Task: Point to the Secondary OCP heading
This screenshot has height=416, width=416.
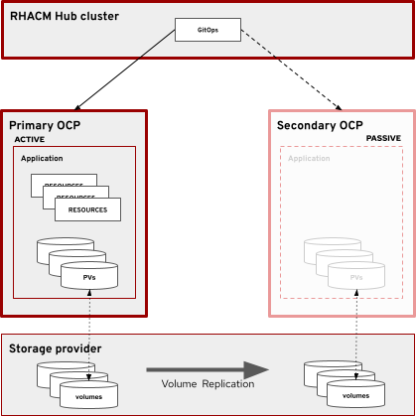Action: pyautogui.click(x=320, y=125)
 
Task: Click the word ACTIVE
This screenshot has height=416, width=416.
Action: pyautogui.click(x=30, y=140)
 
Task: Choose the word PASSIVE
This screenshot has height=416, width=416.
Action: pyautogui.click(x=384, y=138)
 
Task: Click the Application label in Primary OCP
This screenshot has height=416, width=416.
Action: pyautogui.click(x=42, y=158)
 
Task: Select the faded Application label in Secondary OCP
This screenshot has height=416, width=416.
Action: pyautogui.click(x=309, y=158)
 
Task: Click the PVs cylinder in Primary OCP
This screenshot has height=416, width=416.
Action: pyautogui.click(x=89, y=275)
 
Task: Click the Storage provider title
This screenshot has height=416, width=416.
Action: pyautogui.click(x=55, y=348)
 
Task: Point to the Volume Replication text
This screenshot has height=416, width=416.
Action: pyautogui.click(x=201, y=383)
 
